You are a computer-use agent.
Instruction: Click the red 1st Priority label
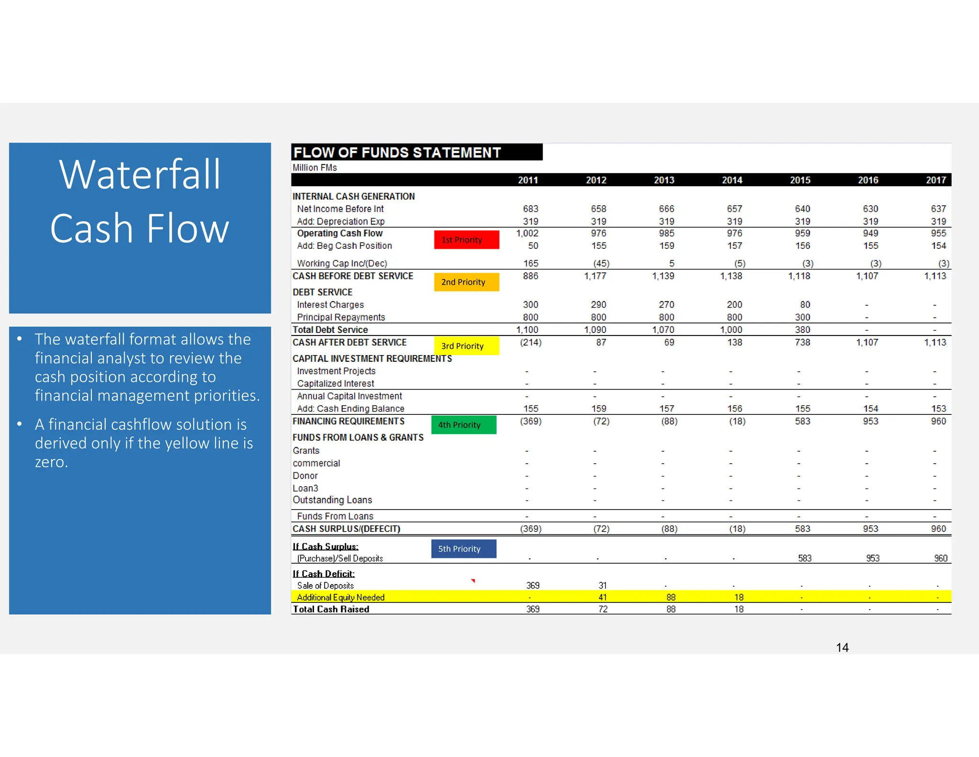click(466, 240)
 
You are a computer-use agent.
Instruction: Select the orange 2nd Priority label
click(466, 282)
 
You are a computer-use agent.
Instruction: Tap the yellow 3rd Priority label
click(466, 346)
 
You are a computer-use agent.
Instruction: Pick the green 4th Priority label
click(463, 425)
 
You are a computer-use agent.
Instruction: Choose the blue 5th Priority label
click(463, 549)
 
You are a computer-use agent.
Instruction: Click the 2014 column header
click(732, 180)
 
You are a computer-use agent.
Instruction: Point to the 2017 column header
click(935, 180)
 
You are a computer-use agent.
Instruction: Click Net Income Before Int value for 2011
click(530, 209)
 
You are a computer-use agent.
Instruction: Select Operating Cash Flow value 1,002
click(527, 233)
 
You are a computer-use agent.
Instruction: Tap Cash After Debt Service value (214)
click(530, 342)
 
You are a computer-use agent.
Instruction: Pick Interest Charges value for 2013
click(666, 304)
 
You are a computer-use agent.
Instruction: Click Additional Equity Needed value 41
click(602, 597)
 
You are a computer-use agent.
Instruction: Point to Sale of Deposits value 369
click(533, 585)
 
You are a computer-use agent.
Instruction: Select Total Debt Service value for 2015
click(802, 330)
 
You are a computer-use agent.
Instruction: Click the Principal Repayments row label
click(341, 317)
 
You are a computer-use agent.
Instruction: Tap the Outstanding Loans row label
click(332, 500)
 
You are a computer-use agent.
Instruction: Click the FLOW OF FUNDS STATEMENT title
click(397, 152)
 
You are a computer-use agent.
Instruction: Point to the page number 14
click(842, 647)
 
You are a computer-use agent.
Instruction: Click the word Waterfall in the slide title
click(140, 175)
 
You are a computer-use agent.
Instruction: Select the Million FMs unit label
click(315, 167)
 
